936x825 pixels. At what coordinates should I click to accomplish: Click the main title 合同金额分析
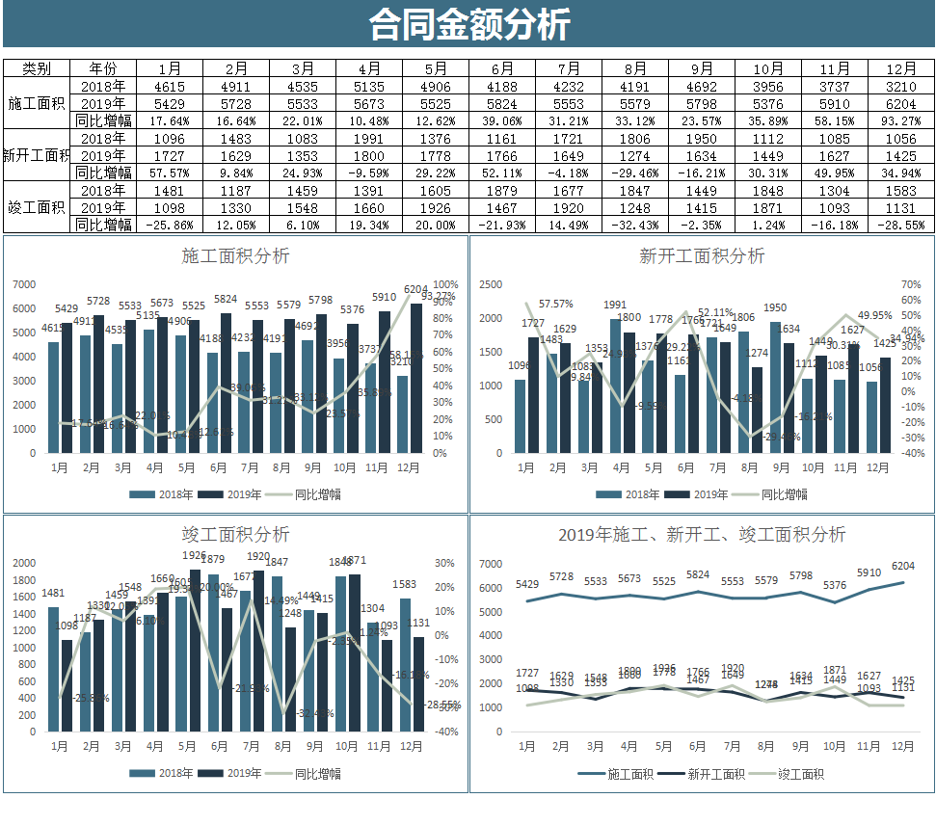[x=468, y=24]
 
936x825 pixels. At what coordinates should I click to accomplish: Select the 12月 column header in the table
[x=900, y=68]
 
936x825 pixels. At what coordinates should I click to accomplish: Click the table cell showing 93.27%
[x=900, y=120]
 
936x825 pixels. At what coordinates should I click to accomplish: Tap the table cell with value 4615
[x=169, y=86]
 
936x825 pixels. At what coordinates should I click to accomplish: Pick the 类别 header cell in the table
[x=37, y=68]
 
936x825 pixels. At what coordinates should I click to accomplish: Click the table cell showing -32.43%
[x=634, y=225]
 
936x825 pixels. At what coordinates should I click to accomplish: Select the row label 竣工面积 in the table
[x=37, y=207]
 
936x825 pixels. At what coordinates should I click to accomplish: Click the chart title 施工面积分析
[x=235, y=256]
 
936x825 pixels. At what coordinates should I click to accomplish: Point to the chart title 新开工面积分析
[x=702, y=256]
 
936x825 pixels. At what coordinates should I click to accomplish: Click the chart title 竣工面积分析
[x=235, y=535]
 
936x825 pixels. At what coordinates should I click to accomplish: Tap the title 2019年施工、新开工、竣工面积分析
[x=702, y=535]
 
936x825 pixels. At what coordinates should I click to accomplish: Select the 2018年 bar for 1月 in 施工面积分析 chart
[x=53, y=397]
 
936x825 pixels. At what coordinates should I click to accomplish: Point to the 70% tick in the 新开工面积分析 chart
[x=911, y=284]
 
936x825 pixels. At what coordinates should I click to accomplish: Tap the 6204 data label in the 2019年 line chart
[x=903, y=566]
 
